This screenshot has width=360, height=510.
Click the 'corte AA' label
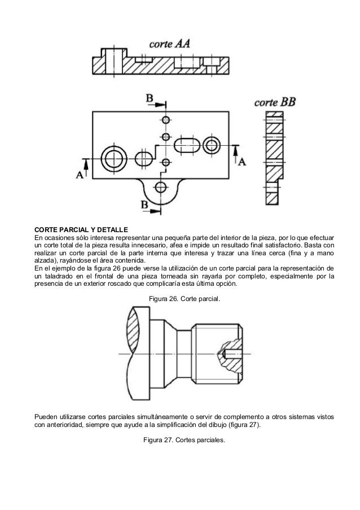click(170, 43)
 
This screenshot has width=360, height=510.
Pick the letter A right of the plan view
click(242, 161)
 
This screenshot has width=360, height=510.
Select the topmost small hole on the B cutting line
click(165, 120)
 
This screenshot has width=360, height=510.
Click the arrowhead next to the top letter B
click(164, 104)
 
